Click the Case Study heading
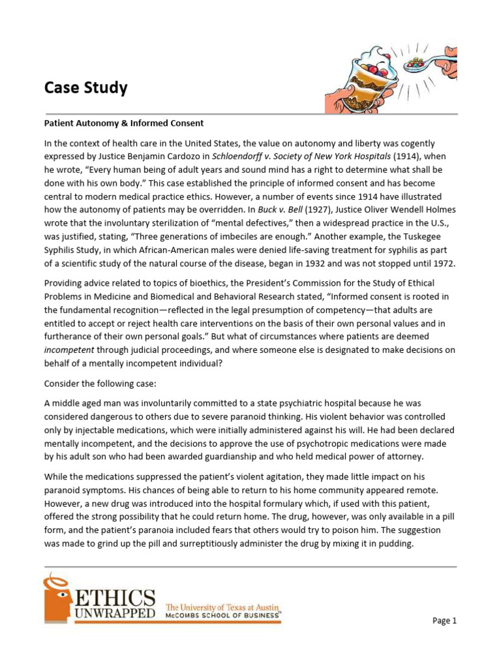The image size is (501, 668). pos(85,88)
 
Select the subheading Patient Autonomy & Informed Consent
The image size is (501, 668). pos(124,123)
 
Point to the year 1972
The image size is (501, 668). pos(443,264)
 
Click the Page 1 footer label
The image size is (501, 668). pos(444,621)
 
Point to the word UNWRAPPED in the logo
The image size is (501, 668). pos(116,614)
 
